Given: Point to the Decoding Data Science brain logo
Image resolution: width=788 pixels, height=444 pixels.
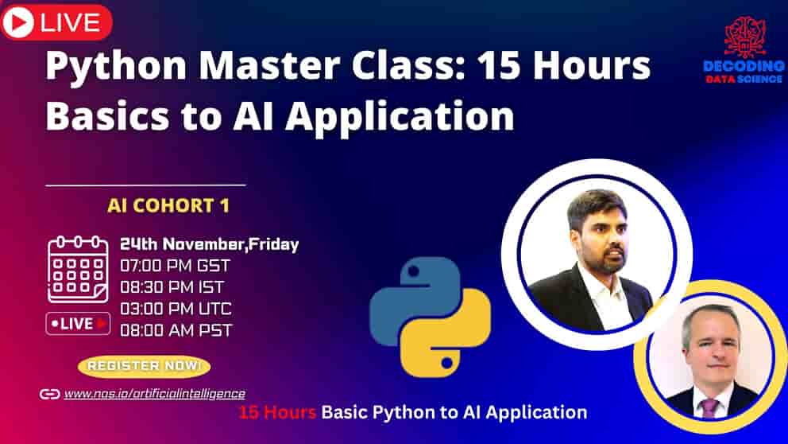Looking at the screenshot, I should point(744,36).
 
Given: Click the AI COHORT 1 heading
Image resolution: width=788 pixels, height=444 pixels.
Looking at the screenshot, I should point(168,206).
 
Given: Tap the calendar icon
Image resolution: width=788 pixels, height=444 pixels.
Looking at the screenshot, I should point(77,268).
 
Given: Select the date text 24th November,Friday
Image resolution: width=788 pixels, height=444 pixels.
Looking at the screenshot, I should point(209,244).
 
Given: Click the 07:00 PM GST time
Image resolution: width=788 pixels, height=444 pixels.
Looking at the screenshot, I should point(176,265).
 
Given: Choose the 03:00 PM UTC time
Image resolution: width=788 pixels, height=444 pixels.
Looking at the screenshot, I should point(176,309).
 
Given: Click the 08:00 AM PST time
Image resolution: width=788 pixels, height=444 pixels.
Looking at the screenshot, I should point(176,329).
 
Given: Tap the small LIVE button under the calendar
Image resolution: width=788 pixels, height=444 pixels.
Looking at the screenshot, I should point(78,323).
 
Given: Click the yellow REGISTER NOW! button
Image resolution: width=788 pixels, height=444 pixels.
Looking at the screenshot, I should point(144,366).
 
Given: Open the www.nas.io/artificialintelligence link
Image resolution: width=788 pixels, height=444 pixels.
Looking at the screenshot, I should point(154,393).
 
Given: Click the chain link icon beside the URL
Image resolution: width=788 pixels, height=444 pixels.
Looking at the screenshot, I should point(49,394).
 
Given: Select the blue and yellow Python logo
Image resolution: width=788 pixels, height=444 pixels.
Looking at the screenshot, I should point(430,316).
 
